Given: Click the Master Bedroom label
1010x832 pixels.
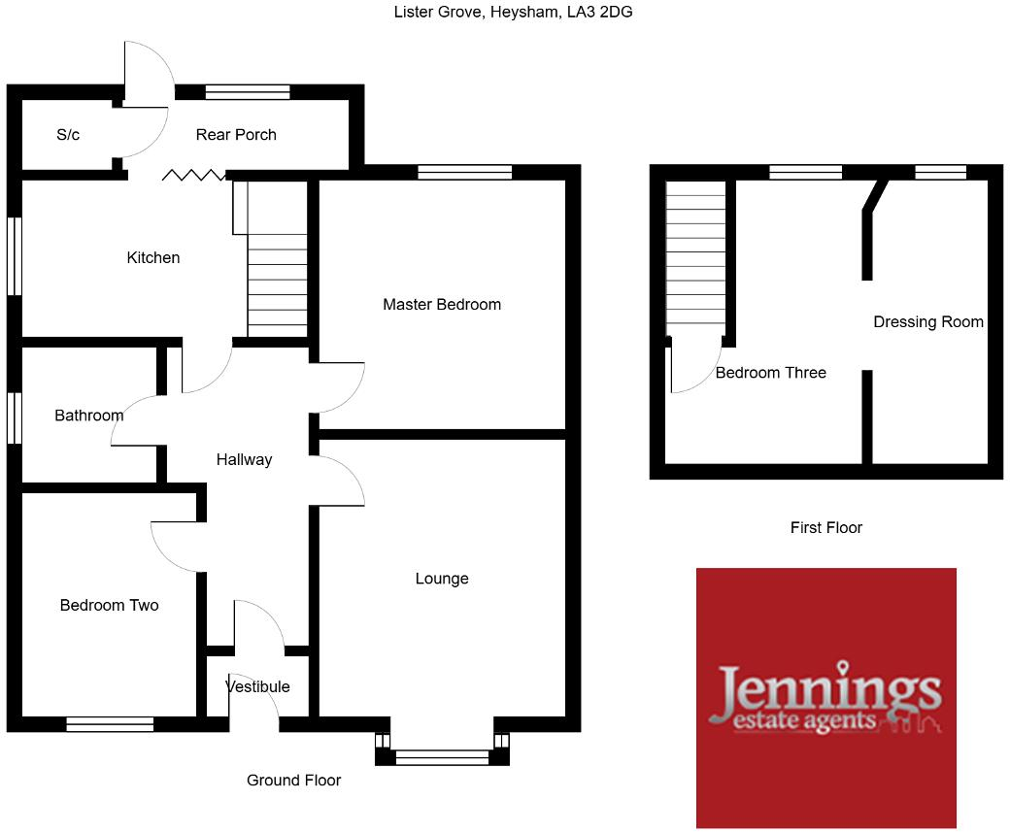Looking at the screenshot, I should [x=442, y=305].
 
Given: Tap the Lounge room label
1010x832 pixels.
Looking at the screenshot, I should [x=442, y=579].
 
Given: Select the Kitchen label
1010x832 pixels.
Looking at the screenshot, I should [x=153, y=258].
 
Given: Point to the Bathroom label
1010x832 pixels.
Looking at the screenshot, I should [x=89, y=416].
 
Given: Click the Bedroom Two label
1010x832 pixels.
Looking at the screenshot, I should [x=109, y=606].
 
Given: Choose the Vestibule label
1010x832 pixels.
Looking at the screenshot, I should [x=257, y=687].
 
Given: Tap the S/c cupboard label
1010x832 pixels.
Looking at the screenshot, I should [x=68, y=135].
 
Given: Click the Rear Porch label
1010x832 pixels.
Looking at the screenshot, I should [x=236, y=135].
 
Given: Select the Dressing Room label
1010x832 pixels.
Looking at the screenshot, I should [x=928, y=322].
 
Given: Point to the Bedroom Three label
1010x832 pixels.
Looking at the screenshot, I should [x=771, y=373].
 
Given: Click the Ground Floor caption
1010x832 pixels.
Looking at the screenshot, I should [x=293, y=781].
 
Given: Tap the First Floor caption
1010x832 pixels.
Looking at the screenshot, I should [x=826, y=528].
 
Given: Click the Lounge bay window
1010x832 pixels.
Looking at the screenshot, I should [x=442, y=757].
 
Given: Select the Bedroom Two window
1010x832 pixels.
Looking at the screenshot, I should [x=110, y=723].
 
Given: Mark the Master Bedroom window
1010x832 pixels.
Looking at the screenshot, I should [x=464, y=172].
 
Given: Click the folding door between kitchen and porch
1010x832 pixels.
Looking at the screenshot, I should [x=193, y=175].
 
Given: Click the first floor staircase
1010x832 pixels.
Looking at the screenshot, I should [x=696, y=257].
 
